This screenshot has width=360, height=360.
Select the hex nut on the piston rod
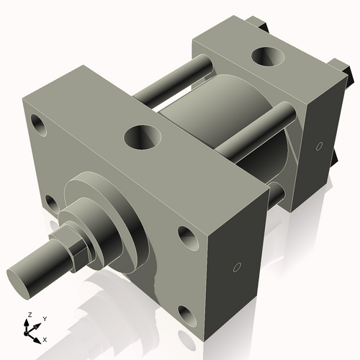(x=76, y=249)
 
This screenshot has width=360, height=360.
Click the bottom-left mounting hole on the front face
(x=50, y=204)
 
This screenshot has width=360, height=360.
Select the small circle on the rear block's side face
(x=319, y=146)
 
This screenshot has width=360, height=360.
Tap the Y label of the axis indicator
(x=44, y=318)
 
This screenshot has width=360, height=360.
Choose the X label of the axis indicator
(x=45, y=338)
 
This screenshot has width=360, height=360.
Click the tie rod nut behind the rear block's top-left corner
(x=261, y=27)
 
